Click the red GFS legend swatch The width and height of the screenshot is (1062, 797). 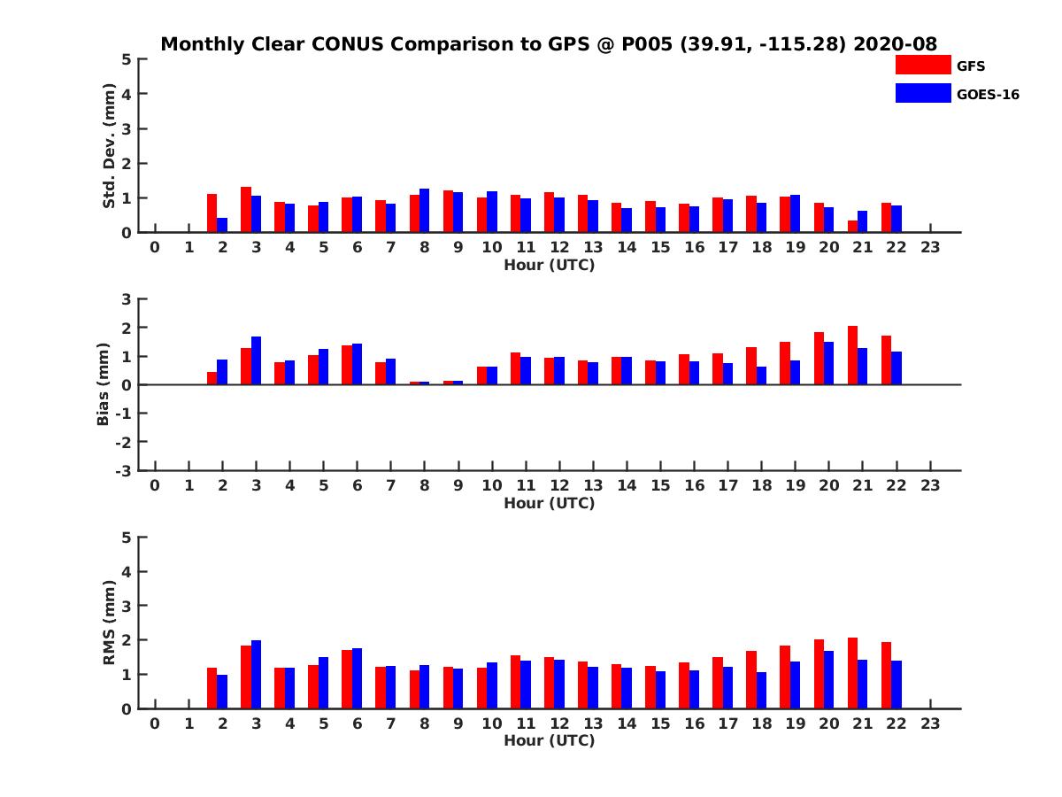tap(922, 65)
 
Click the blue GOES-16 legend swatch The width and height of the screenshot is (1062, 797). tap(922, 93)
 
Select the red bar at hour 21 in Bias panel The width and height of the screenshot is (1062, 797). tap(852, 355)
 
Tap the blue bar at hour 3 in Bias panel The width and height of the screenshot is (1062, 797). tap(256, 360)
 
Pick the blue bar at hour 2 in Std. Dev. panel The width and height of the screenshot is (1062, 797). tap(222, 225)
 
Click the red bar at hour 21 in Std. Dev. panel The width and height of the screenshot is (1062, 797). tap(852, 227)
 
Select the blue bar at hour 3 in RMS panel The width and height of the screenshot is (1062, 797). tap(256, 674)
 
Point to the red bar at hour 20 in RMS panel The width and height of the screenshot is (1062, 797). tap(819, 674)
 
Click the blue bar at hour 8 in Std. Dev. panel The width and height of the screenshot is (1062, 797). tap(425, 211)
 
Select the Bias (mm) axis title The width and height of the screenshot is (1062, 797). tap(104, 384)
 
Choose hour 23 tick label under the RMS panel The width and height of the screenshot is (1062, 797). tap(929, 723)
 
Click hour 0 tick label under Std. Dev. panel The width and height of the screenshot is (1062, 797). tap(155, 247)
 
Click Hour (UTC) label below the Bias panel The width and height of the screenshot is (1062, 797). tap(549, 503)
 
